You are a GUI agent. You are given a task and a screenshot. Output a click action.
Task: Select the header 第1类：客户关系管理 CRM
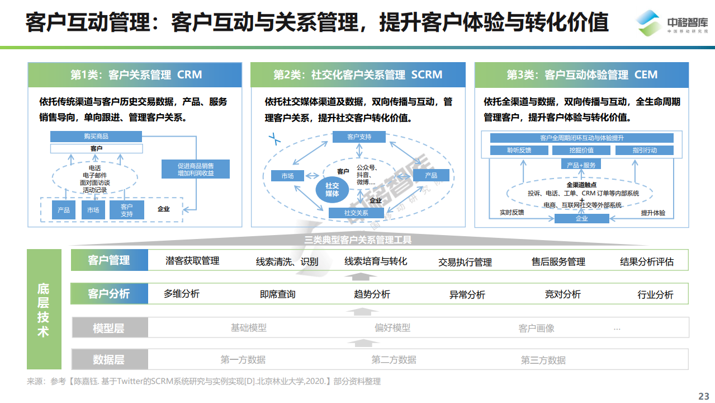tap(136, 74)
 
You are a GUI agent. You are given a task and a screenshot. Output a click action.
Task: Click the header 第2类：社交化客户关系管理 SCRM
tap(358, 74)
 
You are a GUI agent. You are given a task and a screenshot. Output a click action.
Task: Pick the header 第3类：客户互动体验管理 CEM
tap(581, 74)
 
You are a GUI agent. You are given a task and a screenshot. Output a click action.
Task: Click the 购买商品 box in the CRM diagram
tap(96, 137)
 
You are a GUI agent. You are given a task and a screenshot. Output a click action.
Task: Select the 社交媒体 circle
tap(332, 190)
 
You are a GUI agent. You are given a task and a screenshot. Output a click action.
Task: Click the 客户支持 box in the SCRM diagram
tap(359, 137)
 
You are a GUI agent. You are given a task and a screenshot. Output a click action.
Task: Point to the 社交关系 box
tap(356, 213)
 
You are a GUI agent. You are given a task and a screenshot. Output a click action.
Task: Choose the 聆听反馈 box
tap(519, 150)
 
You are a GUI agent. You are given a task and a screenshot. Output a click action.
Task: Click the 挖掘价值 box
tap(581, 150)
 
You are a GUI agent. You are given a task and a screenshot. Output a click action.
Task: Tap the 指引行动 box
tap(645, 150)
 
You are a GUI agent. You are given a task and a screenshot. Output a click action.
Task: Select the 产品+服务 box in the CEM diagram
tap(581, 165)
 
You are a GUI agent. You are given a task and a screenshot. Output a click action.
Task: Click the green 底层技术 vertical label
tap(44, 310)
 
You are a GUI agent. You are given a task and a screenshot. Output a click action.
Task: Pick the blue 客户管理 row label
tap(109, 260)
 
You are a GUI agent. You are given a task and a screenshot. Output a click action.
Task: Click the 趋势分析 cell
tap(372, 294)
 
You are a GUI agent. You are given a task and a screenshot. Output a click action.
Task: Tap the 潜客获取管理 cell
tap(192, 261)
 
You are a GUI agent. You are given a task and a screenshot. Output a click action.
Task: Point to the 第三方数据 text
tap(543, 360)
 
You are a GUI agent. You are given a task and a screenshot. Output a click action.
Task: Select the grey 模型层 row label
tap(109, 328)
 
